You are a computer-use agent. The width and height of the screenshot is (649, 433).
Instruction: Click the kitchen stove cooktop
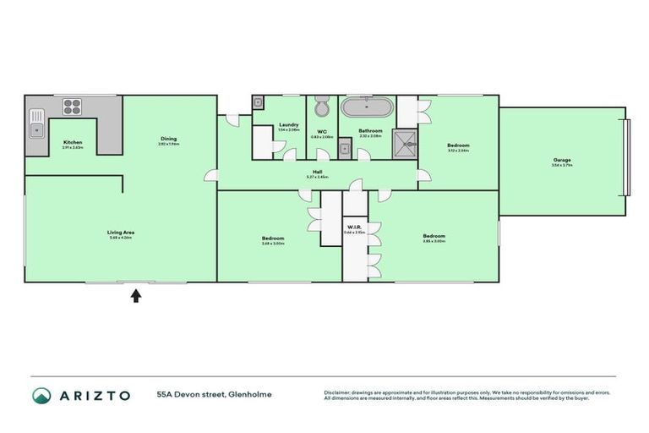(71, 107)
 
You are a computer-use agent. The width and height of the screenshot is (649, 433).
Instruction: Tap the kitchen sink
(36, 130)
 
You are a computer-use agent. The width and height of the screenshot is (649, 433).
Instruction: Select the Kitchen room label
(74, 143)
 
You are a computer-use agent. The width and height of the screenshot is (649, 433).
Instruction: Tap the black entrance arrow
(135, 295)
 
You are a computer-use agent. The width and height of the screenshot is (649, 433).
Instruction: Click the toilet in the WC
(321, 109)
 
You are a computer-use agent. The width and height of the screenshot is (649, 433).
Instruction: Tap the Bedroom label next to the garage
(458, 145)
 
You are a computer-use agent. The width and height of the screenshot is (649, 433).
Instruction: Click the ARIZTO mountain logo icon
(41, 395)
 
